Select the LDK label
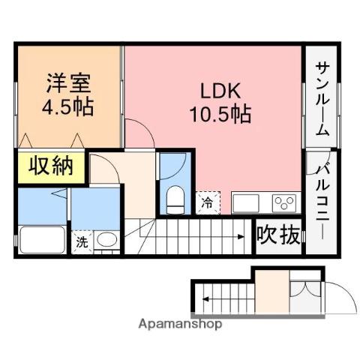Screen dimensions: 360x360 pos(220,91)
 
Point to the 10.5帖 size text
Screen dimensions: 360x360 pos(220,114)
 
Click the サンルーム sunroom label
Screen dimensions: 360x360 pos(320,97)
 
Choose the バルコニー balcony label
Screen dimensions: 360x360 pos(321,195)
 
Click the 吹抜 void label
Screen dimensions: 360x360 pos(278,235)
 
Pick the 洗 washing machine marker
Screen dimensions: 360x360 pos(81,242)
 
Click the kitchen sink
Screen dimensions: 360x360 pos(248,203)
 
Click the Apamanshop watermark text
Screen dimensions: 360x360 pos(179,325)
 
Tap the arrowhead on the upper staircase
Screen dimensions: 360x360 pos(242,236)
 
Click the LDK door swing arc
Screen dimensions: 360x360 pos(141,132)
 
